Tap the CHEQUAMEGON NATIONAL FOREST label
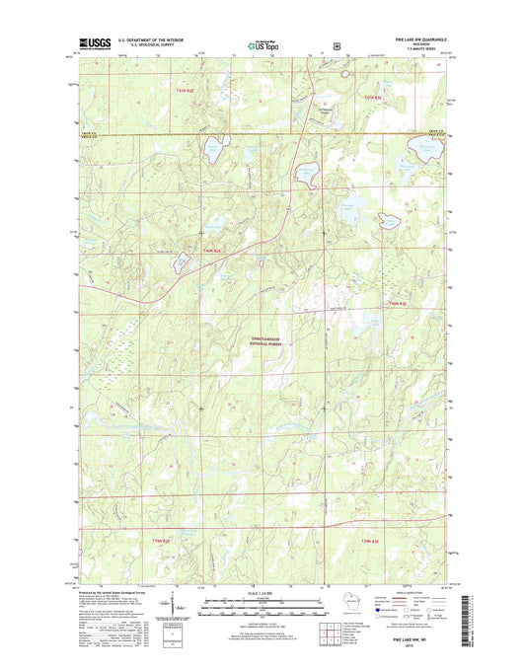click(268, 341)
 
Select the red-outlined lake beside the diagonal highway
click(183, 262)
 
